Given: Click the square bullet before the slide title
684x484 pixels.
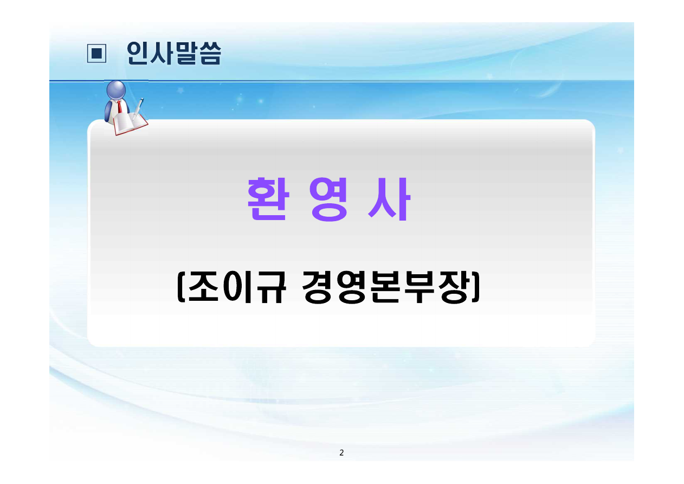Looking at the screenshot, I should pyautogui.click(x=96, y=54).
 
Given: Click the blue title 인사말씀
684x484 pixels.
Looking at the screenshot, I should pyautogui.click(x=173, y=53).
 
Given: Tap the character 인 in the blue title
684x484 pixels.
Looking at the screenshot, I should pyautogui.click(x=138, y=53).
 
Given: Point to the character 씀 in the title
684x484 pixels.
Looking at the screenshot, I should pyautogui.click(x=210, y=54).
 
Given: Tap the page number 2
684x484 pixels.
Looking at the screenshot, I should pyautogui.click(x=341, y=453).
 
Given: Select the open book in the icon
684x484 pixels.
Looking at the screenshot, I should pyautogui.click(x=130, y=123).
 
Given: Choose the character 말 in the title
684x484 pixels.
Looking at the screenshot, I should pyautogui.click(x=174, y=53).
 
